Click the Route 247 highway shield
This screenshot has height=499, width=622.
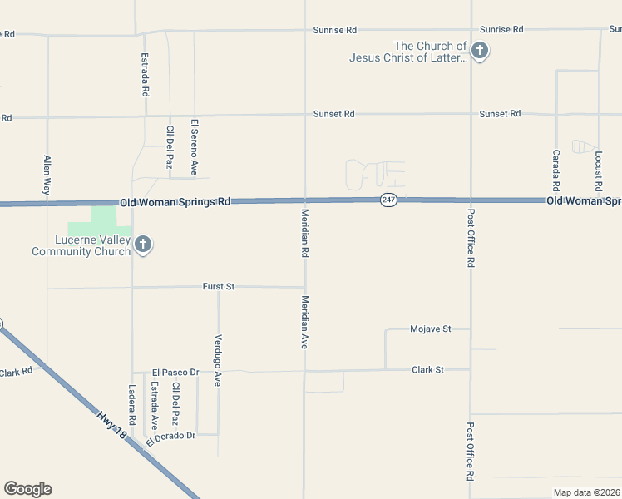pos(388,200)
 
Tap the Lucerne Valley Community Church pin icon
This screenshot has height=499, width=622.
pos(143,245)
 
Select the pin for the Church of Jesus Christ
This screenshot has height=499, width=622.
pos(479,52)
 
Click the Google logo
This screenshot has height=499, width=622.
pos(27,488)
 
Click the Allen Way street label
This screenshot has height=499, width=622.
pos(47,175)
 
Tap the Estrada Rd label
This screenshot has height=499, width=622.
pos(146,77)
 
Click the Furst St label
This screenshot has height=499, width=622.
pos(219,286)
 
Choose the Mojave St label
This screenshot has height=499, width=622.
pos(430,329)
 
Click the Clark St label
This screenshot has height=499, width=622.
pos(428,369)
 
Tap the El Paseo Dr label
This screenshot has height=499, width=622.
pos(175,372)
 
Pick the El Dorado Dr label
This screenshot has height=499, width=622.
pos(170,437)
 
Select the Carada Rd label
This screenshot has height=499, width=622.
pos(556,169)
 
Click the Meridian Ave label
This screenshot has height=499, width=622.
pos(305,321)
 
